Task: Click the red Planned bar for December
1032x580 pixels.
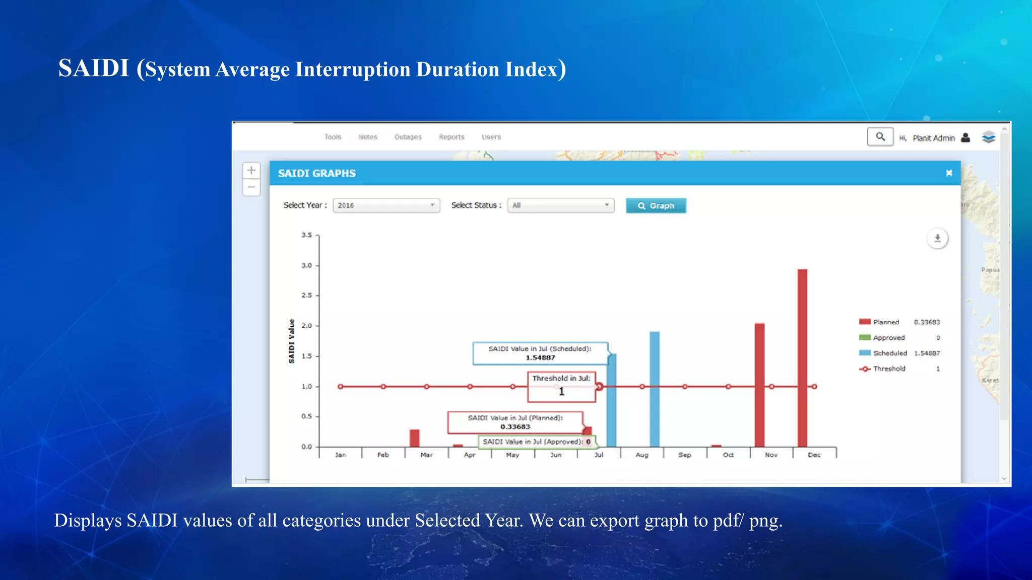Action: click(802, 357)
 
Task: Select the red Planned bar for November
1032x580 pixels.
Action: click(759, 385)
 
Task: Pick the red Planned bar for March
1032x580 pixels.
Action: click(414, 438)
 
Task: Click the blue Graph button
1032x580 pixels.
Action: click(656, 205)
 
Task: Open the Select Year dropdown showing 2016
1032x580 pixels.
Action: click(386, 205)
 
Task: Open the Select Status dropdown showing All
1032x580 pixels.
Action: click(560, 205)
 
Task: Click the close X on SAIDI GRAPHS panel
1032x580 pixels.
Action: click(949, 173)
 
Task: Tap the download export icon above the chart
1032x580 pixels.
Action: click(937, 238)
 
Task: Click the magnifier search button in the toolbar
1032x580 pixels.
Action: click(880, 136)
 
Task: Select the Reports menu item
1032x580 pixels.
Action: click(451, 137)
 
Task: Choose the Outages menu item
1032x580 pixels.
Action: click(408, 137)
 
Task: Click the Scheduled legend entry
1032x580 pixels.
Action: click(889, 353)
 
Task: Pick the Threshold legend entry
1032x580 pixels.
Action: click(889, 369)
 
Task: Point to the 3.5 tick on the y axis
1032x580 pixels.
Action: click(307, 235)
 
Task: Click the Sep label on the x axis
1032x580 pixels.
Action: click(684, 455)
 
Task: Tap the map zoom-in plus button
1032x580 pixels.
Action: click(251, 170)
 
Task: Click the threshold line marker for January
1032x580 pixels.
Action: click(341, 387)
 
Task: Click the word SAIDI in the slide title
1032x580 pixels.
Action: click(94, 68)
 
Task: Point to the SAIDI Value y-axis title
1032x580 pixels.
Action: click(291, 341)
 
